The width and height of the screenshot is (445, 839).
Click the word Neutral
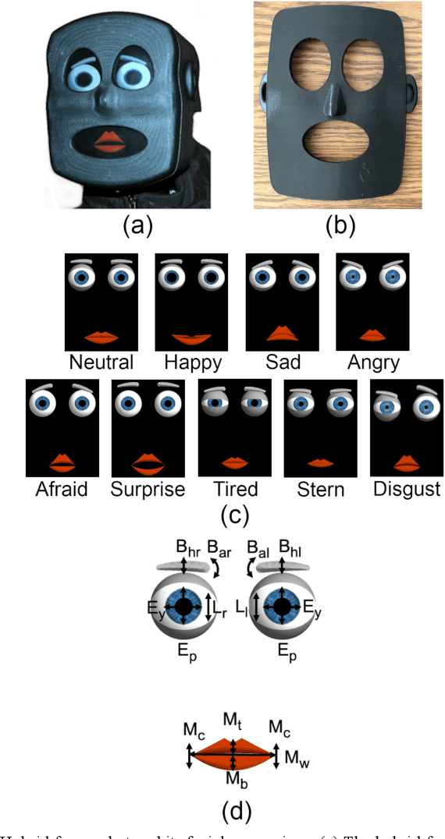(x=101, y=362)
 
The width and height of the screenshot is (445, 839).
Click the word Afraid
(x=62, y=489)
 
